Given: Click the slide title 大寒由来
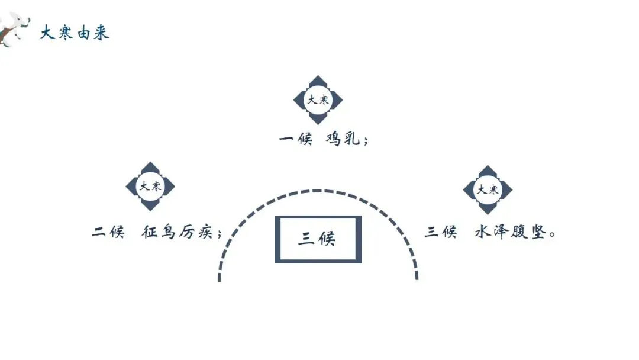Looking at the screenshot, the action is (75, 32).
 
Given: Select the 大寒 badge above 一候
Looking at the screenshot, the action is (318, 99).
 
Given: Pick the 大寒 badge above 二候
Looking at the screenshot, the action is (150, 187).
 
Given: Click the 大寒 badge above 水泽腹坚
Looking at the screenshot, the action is (488, 189).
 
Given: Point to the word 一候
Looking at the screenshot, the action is (295, 140).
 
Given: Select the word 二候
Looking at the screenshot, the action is (108, 232).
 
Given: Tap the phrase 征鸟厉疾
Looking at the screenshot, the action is (177, 232).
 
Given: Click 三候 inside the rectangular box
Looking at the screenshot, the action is (317, 239).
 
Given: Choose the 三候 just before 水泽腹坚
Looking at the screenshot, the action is (441, 232).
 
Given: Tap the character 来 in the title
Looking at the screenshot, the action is (101, 32).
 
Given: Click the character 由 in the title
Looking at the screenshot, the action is (83, 32).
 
